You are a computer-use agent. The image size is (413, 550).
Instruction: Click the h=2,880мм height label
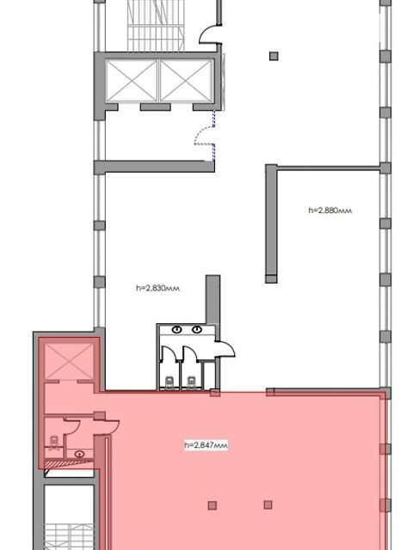click(330, 211)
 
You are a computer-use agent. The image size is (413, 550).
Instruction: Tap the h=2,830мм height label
click(157, 289)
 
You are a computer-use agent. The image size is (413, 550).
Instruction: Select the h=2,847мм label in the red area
click(206, 445)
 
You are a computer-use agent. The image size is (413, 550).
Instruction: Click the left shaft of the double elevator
click(132, 81)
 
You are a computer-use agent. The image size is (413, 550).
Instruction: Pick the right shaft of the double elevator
click(187, 81)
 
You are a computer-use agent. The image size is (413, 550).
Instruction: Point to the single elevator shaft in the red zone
click(70, 362)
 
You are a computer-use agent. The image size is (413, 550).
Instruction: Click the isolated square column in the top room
click(274, 56)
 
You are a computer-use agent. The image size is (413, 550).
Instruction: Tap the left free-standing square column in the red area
click(212, 505)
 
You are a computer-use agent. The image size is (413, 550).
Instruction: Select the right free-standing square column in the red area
click(268, 504)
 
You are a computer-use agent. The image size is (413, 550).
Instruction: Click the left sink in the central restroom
click(177, 329)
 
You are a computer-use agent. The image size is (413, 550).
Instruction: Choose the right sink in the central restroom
click(197, 329)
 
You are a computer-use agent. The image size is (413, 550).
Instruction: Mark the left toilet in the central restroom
click(170, 382)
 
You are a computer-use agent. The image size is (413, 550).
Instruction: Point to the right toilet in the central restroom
click(191, 382)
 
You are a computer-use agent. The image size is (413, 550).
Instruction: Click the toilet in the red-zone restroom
click(53, 443)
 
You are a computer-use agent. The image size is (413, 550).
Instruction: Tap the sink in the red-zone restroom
click(80, 455)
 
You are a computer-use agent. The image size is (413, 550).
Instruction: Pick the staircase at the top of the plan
click(156, 26)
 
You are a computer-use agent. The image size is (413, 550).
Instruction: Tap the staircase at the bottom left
click(70, 536)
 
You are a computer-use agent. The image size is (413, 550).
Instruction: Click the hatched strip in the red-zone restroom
click(69, 464)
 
